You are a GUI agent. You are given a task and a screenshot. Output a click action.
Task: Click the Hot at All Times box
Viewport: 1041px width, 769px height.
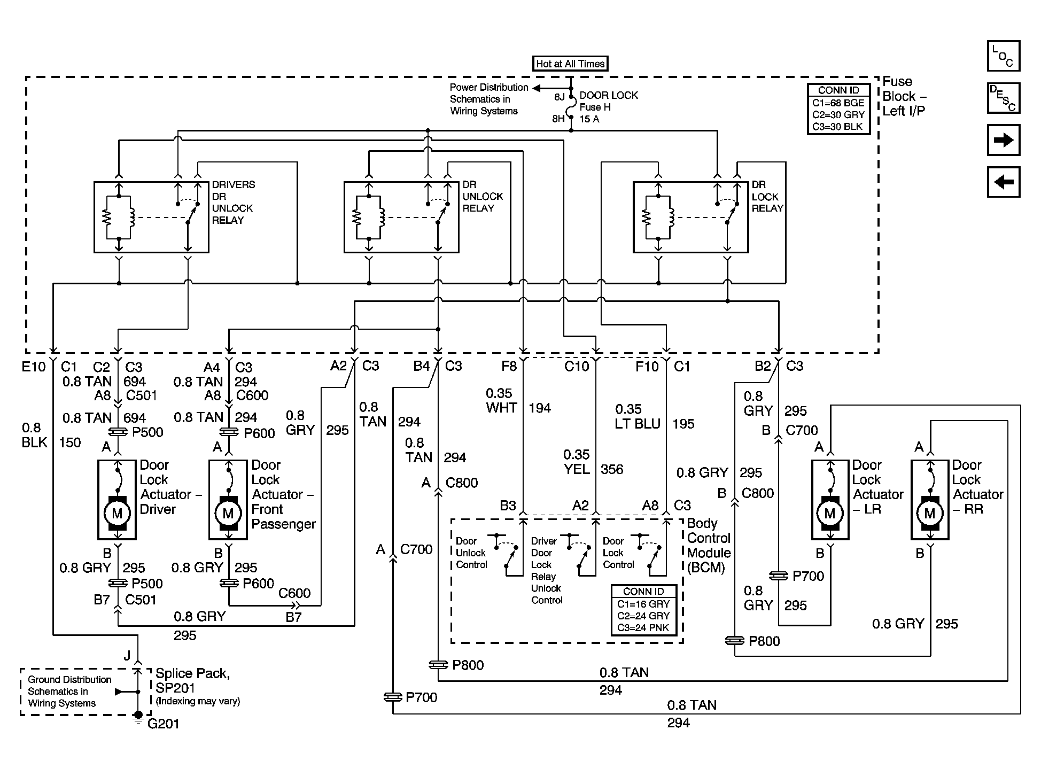point(570,64)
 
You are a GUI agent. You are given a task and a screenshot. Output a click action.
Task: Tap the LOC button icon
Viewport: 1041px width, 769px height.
point(1003,56)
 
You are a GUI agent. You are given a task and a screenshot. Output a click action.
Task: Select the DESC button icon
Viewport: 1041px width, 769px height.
point(1003,98)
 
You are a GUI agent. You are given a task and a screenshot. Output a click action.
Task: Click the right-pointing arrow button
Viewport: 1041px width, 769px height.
point(1003,140)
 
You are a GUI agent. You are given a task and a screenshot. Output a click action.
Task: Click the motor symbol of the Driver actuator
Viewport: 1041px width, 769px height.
point(117,514)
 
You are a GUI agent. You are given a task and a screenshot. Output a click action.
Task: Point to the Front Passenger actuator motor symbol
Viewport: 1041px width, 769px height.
point(228,514)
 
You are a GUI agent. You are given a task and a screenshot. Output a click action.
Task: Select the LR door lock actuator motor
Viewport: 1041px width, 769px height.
point(830,514)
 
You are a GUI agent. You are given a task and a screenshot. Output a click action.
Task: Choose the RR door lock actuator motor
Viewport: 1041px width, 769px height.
point(930,514)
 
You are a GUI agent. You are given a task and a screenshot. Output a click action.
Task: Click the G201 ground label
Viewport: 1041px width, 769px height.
point(163,724)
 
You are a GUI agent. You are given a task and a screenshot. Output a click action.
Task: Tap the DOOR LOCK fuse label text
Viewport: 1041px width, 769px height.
point(609,96)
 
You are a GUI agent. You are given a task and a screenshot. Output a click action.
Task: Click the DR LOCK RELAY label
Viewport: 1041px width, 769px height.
point(767,196)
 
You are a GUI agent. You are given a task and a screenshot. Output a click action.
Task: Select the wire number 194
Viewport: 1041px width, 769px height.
point(540,408)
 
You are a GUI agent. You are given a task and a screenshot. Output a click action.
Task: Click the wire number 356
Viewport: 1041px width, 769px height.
point(612,469)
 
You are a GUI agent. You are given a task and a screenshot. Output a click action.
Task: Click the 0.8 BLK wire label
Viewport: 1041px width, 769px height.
point(35,435)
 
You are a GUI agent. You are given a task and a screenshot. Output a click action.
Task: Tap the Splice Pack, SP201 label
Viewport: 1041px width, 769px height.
point(193,680)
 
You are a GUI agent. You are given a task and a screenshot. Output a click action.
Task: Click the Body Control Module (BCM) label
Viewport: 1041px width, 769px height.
point(709,545)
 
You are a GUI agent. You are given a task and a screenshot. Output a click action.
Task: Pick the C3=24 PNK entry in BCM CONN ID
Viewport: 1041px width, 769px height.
point(643,627)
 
